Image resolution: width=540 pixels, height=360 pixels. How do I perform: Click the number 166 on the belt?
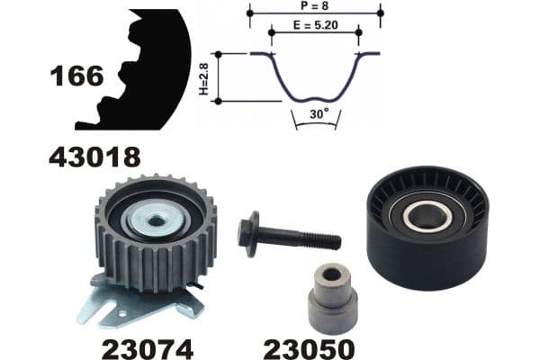coord(77,76)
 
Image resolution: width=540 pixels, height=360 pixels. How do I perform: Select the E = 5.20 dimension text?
coord(315,26)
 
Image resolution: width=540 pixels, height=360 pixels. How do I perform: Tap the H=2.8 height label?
coord(203,78)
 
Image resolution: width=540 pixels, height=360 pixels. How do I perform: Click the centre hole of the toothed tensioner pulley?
coord(155,219)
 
